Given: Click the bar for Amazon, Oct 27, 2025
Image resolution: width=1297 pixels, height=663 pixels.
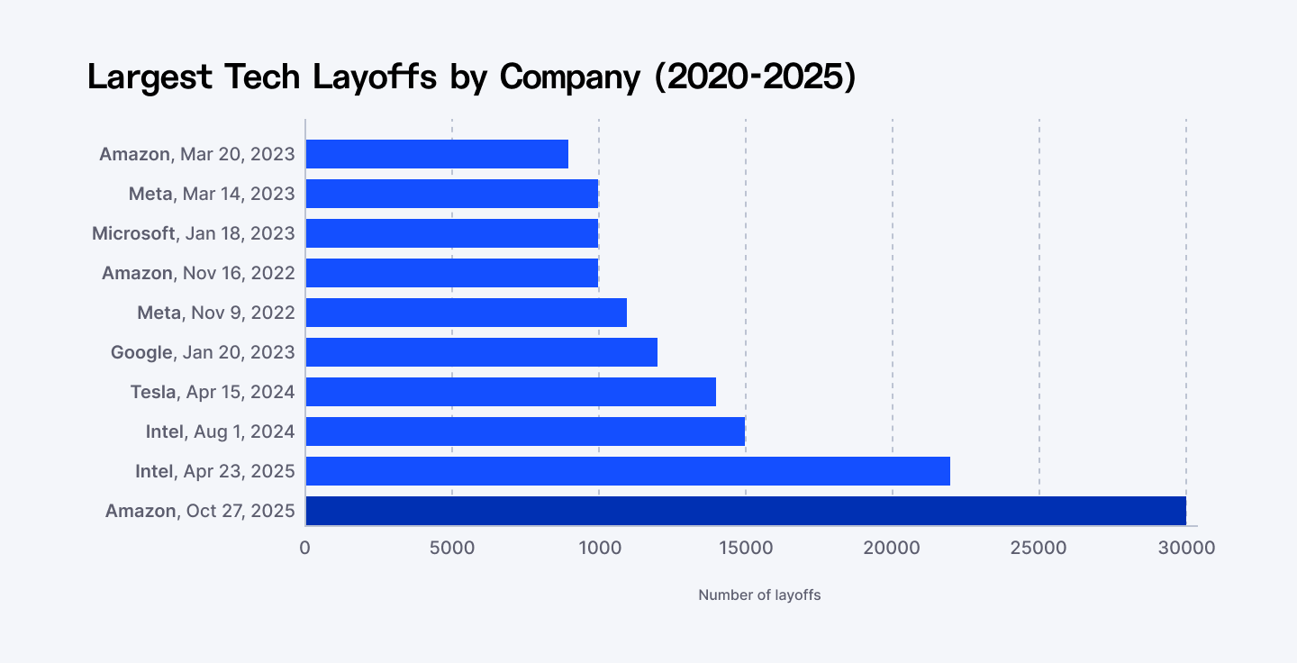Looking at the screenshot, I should tap(746, 511).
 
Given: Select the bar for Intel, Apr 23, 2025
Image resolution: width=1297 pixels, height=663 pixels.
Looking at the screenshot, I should tap(628, 471).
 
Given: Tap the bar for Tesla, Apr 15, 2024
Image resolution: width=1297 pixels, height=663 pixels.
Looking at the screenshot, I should tap(511, 392).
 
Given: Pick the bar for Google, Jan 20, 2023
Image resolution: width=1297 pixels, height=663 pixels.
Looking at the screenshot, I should tap(481, 352).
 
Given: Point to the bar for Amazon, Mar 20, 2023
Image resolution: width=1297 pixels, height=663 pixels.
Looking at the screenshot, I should tap(437, 154).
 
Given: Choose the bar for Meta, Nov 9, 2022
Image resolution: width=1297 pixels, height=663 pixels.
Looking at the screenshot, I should tap(466, 313).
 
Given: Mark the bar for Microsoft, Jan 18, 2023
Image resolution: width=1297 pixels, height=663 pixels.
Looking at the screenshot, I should tap(451, 233).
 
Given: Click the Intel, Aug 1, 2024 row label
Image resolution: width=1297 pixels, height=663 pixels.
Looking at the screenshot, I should tap(220, 431).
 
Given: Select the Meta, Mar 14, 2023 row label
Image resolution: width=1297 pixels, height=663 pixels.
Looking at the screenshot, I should tap(212, 194).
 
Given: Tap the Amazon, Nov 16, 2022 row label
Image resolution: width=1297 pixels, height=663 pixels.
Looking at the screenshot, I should tap(198, 273).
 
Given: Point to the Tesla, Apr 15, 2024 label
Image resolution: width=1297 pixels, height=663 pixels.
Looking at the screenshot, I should tap(213, 392).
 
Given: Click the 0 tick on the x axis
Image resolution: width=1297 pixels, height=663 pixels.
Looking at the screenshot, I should tap(305, 548).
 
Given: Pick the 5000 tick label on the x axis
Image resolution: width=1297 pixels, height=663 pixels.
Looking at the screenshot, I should tap(452, 548).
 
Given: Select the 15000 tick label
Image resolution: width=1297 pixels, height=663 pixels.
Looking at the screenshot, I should tap(746, 548).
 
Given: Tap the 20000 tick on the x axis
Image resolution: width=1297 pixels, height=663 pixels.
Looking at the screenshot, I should tap(893, 548).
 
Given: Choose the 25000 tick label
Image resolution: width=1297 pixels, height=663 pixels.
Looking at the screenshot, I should tap(1039, 548).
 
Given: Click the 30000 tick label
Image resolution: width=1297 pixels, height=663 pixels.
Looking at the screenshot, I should tap(1186, 548).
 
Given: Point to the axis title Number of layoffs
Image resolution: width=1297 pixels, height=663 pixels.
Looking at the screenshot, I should tap(759, 595).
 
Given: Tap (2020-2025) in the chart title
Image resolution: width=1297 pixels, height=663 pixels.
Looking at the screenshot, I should tap(755, 77).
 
